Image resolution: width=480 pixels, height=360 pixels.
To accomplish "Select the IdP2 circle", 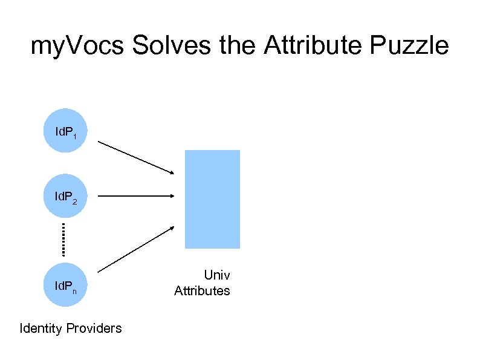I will click(63, 196).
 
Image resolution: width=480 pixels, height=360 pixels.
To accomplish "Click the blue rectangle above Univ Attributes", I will click(212, 199).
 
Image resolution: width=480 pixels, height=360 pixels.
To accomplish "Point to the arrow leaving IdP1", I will click(136, 159).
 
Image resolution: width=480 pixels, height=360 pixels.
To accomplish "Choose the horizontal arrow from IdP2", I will click(136, 196).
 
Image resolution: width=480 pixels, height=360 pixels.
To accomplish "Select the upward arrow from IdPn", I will click(136, 249).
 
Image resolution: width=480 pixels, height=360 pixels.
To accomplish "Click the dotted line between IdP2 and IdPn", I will click(63, 239).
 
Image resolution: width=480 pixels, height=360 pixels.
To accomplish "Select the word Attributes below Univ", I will click(202, 291).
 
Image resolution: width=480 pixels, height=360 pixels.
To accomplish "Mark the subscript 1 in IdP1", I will click(74, 137).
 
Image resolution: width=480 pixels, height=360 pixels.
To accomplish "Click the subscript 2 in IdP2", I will click(74, 200).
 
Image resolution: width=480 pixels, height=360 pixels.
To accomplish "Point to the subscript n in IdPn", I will click(74, 292).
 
